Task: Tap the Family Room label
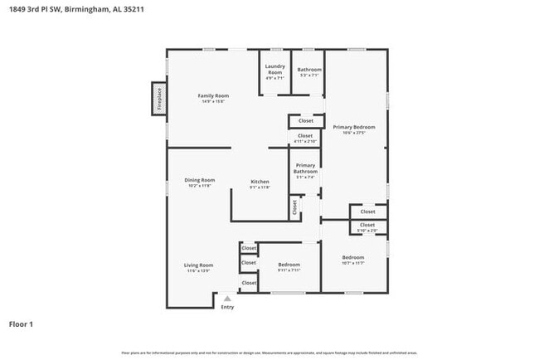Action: coord(213,96)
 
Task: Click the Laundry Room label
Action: coord(274,69)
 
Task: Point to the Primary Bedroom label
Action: coord(354,127)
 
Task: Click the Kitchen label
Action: coord(260,181)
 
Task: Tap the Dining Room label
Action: coord(200,180)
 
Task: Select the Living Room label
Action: coord(198,265)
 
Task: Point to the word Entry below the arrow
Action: coord(227,307)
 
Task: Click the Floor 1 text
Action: coord(21,324)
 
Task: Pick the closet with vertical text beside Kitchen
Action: coord(294,207)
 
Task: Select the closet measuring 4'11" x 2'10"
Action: coord(305,137)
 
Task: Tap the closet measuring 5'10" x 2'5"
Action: coord(367,226)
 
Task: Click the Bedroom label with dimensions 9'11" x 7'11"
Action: coord(289,265)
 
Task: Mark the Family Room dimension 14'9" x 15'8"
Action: coord(213,101)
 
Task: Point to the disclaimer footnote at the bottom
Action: coord(269,353)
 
